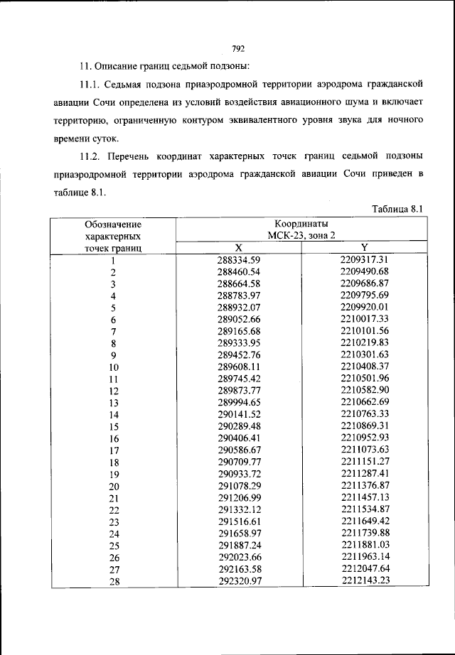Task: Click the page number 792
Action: click(238, 48)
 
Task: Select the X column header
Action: click(239, 247)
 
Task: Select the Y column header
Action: click(364, 247)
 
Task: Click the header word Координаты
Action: click(301, 224)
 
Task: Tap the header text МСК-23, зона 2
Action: click(301, 235)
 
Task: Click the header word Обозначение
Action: click(113, 224)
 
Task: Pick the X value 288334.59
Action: click(239, 260)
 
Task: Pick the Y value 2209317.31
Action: click(364, 260)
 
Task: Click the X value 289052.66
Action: click(239, 320)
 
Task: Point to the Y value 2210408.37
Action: click(364, 367)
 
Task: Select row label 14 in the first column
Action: click(113, 415)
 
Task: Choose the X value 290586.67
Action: click(239, 450)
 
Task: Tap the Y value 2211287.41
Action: click(364, 473)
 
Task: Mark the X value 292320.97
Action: click(239, 580)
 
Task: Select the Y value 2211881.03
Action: click(364, 545)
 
